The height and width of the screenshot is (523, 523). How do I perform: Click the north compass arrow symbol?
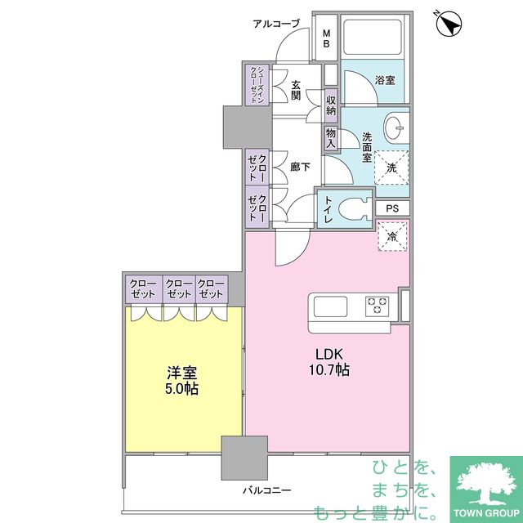point(449,24)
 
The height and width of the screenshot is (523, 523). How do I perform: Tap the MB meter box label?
point(327,38)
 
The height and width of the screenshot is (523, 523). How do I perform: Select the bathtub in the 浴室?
point(373,37)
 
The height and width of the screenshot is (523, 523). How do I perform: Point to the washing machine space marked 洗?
point(391,168)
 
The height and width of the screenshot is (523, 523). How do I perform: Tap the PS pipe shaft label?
point(392,208)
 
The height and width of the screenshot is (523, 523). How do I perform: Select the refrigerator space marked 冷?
point(392,236)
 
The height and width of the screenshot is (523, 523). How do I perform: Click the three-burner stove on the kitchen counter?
point(378,306)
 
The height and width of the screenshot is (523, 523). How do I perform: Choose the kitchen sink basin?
point(330,306)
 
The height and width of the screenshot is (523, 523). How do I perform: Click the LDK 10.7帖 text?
point(329,362)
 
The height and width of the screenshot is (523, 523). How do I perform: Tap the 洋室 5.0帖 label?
point(181,381)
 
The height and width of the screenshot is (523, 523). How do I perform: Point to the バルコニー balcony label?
point(266,490)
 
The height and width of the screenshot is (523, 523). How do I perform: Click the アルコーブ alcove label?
point(276,24)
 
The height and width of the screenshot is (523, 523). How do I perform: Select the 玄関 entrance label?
point(296,90)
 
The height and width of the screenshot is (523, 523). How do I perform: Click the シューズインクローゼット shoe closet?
point(257,85)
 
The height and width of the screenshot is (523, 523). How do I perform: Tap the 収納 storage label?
point(330,105)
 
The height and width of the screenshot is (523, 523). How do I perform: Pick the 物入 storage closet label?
point(330,138)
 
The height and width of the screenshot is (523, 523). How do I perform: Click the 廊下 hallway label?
point(300,167)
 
